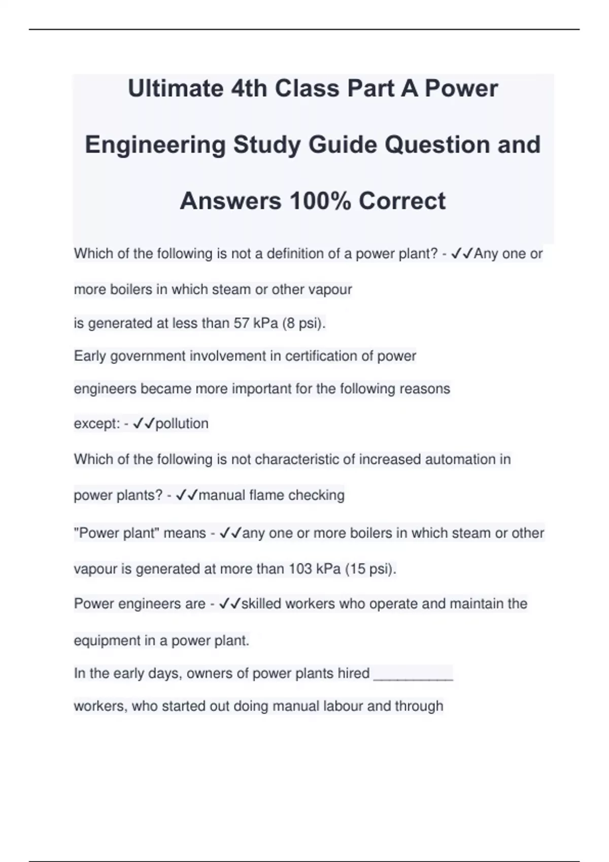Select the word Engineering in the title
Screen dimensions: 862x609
[155, 146]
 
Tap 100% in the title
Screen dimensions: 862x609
[320, 201]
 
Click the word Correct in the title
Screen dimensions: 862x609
[402, 201]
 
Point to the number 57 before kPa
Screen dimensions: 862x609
[241, 323]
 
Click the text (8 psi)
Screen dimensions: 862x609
[304, 323]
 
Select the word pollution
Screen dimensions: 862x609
[182, 423]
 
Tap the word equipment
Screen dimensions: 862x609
[107, 641]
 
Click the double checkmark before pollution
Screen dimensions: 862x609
[143, 423]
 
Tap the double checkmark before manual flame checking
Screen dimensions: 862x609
[186, 495]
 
